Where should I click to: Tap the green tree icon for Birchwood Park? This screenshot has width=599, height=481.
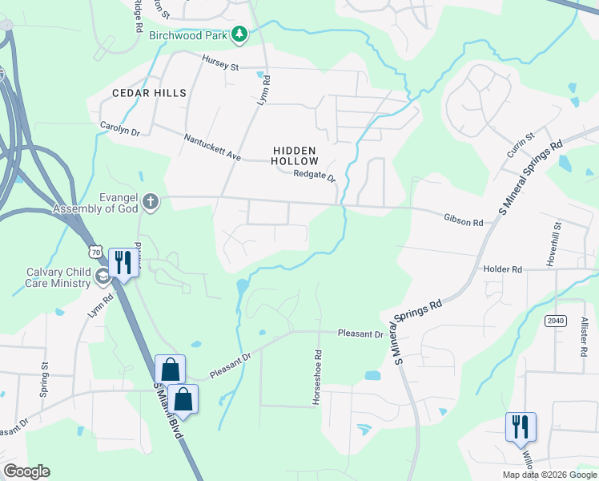(239, 34)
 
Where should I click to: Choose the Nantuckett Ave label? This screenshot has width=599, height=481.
(212, 148)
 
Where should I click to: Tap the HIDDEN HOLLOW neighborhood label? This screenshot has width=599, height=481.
(295, 156)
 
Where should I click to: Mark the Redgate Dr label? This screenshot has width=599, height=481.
(314, 176)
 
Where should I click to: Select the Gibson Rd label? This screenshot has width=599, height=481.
(464, 220)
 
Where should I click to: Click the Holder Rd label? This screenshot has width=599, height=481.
(503, 269)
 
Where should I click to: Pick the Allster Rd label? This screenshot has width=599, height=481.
(583, 336)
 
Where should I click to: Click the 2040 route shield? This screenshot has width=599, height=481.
(555, 321)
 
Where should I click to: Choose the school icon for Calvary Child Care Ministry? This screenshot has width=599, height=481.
(102, 277)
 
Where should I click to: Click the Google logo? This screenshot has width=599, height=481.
(26, 471)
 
